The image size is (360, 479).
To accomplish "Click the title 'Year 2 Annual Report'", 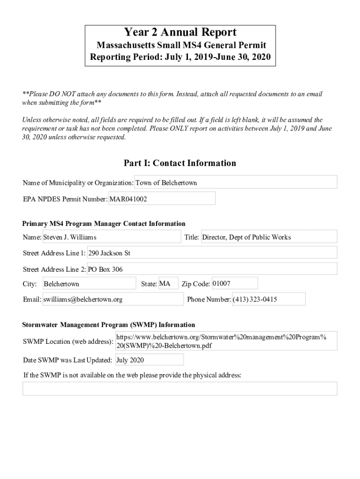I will (180, 32).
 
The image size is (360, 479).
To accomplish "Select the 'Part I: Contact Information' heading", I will (180, 163).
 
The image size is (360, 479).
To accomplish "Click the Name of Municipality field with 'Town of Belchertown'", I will (236, 182).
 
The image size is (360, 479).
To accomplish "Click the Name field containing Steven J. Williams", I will (111, 237).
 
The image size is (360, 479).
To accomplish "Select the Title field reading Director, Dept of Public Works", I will (268, 237).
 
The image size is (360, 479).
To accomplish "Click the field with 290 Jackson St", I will (212, 253).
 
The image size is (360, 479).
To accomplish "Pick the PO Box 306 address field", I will (212, 269).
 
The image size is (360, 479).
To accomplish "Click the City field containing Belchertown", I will (89, 284).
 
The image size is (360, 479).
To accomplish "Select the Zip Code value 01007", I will (234, 283).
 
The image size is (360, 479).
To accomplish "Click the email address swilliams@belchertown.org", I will (113, 299).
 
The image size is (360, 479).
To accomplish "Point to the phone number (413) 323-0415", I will (268, 299).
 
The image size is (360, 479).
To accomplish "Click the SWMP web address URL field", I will (226, 341).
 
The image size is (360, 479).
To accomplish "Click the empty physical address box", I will (180, 389).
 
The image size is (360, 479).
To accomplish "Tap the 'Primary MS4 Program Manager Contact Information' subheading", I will (104, 224).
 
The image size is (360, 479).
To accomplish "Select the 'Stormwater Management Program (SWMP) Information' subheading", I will (109, 325).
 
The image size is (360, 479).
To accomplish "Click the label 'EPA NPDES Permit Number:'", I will (65, 199).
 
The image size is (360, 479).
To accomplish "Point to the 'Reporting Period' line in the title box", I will (180, 58).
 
